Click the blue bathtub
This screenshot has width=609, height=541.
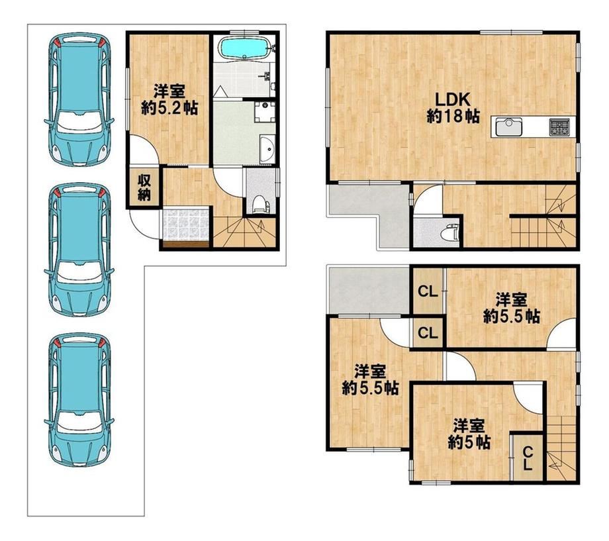point(245,48)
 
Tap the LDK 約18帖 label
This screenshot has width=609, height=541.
point(453,108)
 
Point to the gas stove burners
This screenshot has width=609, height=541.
point(559,127)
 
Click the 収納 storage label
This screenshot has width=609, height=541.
point(144,187)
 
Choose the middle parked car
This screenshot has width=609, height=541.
point(79,249)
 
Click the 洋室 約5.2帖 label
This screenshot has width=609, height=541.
point(169,99)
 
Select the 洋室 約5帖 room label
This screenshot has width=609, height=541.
point(469,434)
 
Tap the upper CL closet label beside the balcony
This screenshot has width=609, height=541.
point(428,291)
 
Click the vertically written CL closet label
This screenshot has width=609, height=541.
point(527,459)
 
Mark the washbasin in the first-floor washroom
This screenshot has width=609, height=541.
point(267,150)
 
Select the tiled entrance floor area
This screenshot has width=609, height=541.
point(187,224)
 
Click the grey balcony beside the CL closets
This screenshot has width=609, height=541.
point(369,289)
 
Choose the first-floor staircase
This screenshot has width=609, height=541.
point(246,232)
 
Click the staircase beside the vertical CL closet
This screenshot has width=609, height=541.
point(561,447)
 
